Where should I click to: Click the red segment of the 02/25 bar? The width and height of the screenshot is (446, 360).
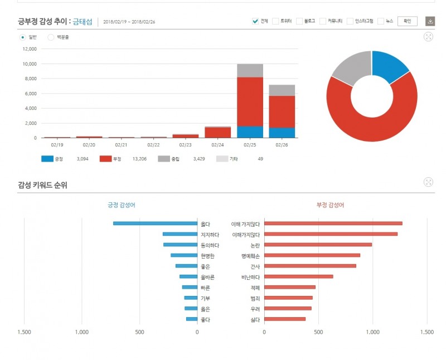click(250, 101)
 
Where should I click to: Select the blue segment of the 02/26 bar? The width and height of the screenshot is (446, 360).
click(282, 133)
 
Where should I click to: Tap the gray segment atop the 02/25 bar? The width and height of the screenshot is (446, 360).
click(250, 70)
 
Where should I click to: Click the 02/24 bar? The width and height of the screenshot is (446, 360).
click(217, 132)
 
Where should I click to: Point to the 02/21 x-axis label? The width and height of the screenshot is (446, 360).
click(122, 145)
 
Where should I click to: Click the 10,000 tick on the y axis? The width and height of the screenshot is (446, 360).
click(30, 64)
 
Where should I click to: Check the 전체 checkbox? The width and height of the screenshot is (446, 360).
click(255, 21)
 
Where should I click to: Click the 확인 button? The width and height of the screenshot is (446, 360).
click(408, 21)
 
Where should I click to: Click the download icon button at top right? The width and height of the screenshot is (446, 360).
click(430, 21)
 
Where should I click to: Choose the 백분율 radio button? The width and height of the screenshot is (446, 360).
click(51, 37)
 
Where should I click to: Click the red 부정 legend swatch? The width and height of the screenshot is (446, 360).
click(106, 159)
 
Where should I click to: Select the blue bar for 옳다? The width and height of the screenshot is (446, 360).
click(155, 223)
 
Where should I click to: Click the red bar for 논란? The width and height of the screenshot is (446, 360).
click(318, 245)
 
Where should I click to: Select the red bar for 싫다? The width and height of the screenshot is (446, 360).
click(285, 319)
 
